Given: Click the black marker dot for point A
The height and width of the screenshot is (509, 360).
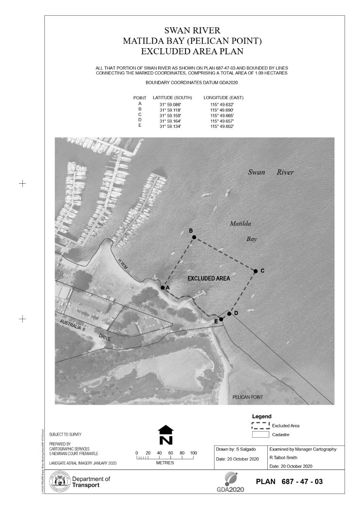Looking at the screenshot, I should point(163,288).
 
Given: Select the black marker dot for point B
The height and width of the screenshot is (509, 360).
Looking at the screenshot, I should point(194,237).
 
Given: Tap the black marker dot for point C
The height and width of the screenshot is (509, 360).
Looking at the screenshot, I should point(256,271).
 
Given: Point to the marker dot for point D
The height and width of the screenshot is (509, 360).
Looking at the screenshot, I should point(229,314).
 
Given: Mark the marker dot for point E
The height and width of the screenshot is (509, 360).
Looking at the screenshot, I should point(221,319).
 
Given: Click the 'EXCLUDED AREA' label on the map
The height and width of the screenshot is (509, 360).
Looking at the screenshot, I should point(209,279).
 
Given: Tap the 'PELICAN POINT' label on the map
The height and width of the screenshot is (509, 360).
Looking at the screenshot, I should point(248,397).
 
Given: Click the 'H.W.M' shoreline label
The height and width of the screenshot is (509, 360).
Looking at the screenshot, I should point(123,264).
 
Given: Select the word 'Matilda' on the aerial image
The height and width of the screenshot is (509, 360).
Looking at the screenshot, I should point(240,224).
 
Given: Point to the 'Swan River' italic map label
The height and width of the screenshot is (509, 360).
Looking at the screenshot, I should point(271,172).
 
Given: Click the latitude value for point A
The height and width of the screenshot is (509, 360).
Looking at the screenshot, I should point(170,104).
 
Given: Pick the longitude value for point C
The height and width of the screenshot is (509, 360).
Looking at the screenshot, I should point(222,115).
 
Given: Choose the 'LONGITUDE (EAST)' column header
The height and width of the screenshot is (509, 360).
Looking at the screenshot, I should point(223,98).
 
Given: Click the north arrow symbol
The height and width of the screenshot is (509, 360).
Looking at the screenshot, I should point(166,435).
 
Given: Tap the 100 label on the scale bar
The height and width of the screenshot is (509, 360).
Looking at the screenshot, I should point(194,453).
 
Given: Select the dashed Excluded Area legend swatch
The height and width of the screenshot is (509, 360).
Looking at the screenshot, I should point(261,425).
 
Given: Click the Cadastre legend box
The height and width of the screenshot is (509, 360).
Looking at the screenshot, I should point(261,435).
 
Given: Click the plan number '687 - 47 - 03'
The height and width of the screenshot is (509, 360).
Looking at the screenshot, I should point(302,482).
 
